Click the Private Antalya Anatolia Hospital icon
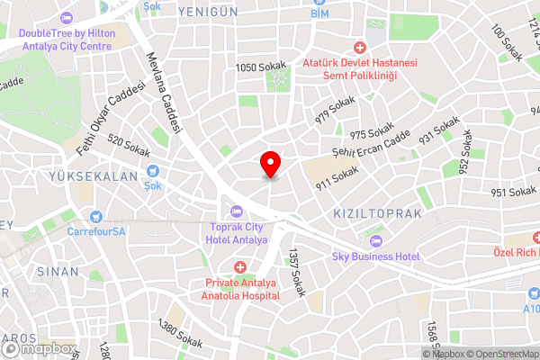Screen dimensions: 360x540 [x=240, y=267]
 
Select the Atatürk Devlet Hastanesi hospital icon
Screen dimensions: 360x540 [x=360, y=47]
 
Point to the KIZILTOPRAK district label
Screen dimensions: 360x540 [x=377, y=213]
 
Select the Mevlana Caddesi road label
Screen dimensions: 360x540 [x=166, y=91]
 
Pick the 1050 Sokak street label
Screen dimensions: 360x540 [x=261, y=67]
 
